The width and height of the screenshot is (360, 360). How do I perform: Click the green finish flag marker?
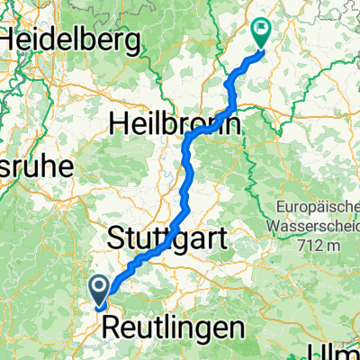pyautogui.click(x=262, y=33)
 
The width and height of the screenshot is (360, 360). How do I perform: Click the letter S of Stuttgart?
pyautogui.click(x=117, y=238)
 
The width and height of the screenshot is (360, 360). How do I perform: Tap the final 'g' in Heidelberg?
pyautogui.click(x=134, y=43)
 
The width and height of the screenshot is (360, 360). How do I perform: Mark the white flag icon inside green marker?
pyautogui.click(x=262, y=29)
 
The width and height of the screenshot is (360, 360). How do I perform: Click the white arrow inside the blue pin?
pyautogui.click(x=99, y=286)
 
